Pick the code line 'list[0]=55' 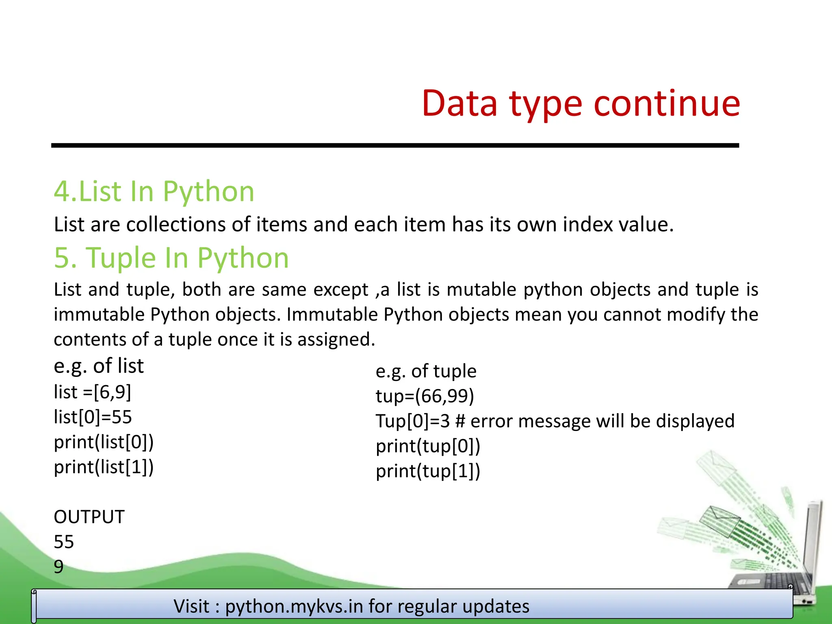coord(93,417)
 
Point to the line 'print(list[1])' coord(104,467)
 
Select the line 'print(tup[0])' coord(428,446)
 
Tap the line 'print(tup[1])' coord(428,471)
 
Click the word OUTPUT coord(89,517)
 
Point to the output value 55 coord(64,542)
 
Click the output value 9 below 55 coord(58,567)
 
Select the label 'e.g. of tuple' coord(426,371)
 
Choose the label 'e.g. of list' coord(99,366)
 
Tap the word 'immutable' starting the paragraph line coord(99,315)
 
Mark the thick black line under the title coord(395,145)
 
